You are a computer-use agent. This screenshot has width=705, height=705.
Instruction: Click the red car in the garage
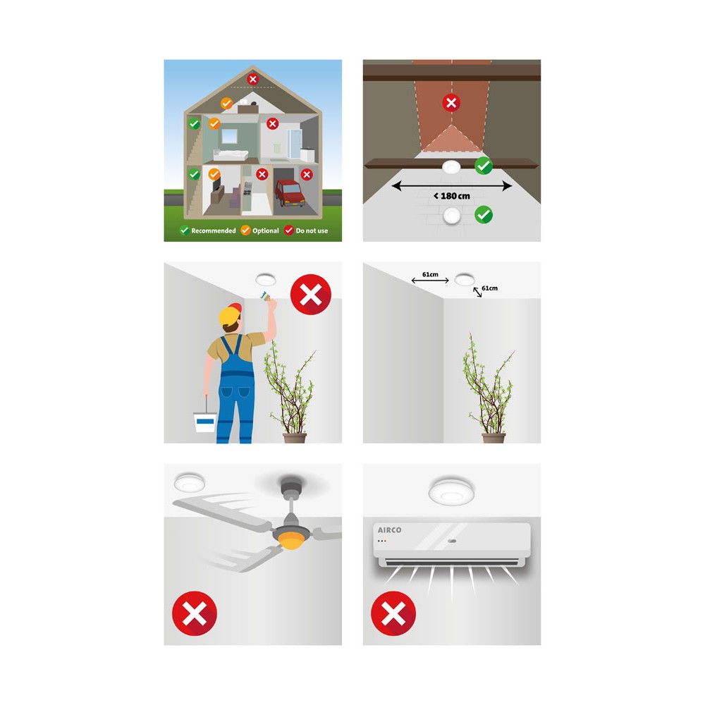coord(290,193)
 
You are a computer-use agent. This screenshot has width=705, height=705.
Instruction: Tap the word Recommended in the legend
coord(214,231)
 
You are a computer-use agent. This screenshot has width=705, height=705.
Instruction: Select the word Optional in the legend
coord(266,231)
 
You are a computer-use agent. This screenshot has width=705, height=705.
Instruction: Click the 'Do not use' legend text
coord(312,231)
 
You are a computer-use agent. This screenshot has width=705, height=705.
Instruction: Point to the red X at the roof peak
coord(252,79)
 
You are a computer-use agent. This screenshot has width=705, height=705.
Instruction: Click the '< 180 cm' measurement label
coord(452,196)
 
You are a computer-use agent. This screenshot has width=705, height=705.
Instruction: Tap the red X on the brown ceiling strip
coord(451,103)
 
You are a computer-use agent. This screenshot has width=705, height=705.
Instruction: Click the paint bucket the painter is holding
coord(205,422)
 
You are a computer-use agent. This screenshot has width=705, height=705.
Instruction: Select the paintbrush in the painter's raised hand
coord(265,295)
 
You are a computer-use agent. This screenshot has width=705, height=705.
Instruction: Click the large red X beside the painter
coord(311,295)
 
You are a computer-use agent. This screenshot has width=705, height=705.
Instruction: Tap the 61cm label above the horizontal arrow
coord(430,274)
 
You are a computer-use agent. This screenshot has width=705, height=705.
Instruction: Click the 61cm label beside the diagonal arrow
coord(490,288)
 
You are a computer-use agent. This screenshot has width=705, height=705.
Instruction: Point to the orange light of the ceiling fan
coord(291,540)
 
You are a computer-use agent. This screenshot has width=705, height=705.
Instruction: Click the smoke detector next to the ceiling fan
coord(189,483)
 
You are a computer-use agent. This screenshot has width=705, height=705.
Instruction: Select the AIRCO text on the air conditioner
coord(389,530)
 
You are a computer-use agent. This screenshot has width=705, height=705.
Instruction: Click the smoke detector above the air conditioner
coord(451,491)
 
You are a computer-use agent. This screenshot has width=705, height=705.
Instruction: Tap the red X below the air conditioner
coord(393,614)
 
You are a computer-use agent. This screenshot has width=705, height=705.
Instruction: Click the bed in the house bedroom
coord(231,155)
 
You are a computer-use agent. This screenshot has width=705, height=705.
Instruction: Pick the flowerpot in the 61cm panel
coord(493,438)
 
